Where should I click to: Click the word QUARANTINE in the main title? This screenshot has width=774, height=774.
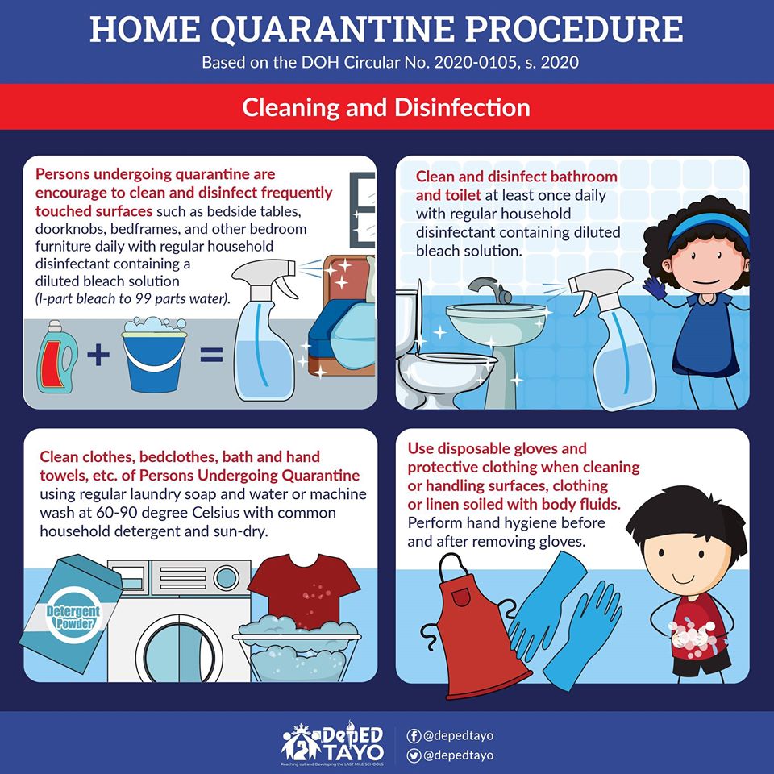point(333,30)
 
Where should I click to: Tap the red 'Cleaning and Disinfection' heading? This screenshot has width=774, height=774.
point(386,107)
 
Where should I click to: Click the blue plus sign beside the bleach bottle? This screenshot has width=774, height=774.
point(98,355)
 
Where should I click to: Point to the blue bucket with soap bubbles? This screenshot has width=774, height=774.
point(154,355)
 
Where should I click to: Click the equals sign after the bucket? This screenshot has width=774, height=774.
point(211,355)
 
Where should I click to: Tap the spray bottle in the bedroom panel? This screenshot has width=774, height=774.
point(265,329)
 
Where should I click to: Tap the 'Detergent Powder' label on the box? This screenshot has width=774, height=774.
point(73,618)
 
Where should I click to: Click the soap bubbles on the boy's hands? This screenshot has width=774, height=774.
point(692,637)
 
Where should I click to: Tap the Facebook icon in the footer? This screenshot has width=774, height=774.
point(414,736)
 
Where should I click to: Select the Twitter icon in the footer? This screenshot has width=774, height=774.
point(414,755)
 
